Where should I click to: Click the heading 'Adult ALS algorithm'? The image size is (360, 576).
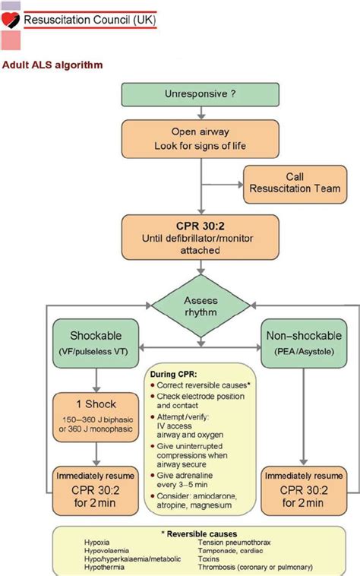point(52,65)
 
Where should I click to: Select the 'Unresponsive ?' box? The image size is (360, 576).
point(199,94)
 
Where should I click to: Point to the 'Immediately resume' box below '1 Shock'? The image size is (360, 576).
point(96,488)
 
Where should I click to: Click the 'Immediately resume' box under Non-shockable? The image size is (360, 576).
point(302,488)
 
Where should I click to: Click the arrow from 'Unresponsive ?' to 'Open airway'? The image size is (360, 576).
point(199,112)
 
